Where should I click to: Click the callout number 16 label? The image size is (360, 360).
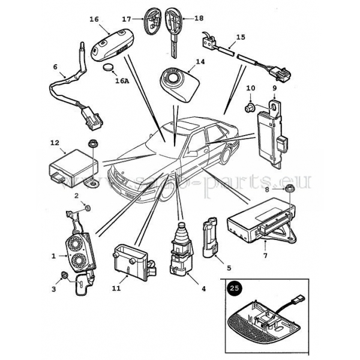94,19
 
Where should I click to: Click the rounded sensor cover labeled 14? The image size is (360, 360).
179,83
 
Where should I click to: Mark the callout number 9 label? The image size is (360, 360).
275,89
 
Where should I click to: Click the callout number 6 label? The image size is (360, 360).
56,67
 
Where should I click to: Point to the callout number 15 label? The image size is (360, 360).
240,37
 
